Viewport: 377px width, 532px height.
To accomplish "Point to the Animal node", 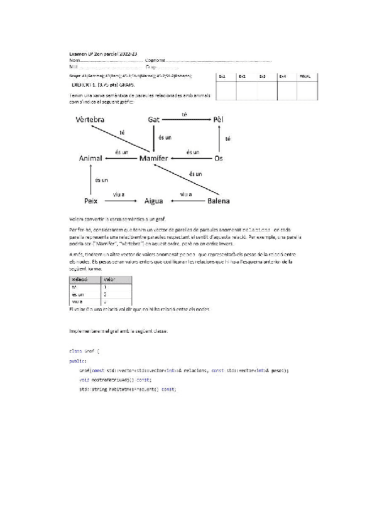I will click(91, 159).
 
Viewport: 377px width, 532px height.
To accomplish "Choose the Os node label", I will click(219, 159).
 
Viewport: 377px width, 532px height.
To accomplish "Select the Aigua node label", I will click(154, 201).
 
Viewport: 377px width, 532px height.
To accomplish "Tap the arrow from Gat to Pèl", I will click(185, 120).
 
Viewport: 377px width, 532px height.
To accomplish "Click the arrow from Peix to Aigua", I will click(121, 201).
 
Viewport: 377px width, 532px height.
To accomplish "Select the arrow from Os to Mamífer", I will click(192, 159).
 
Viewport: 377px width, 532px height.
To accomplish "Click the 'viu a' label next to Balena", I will click(186, 194).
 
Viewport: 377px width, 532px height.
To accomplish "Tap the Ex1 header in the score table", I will click(222, 76).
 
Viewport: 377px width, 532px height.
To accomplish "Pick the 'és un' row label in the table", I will click(77, 293).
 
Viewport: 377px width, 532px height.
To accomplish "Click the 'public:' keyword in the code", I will click(78, 361).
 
